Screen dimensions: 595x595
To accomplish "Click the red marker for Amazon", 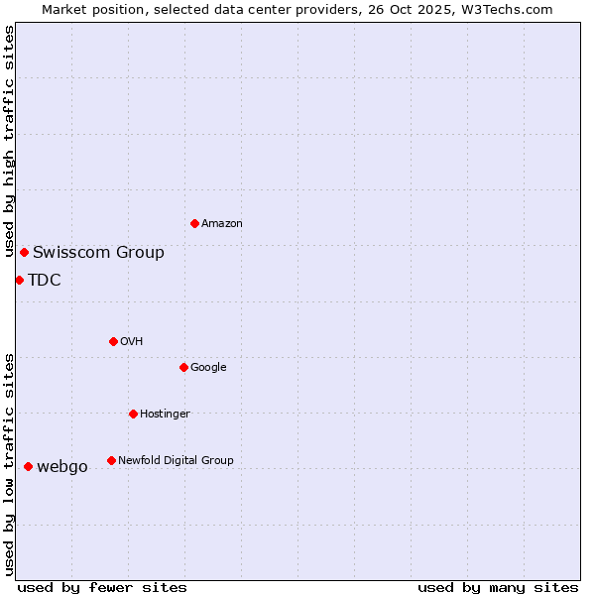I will click(194, 223).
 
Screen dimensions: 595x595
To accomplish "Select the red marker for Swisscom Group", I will click(24, 252).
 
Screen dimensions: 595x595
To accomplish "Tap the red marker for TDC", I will click(19, 280).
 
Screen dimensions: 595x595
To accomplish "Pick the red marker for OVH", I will click(113, 341).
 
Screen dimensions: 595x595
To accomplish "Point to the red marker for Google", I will click(183, 367).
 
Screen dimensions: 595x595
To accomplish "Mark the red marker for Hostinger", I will click(133, 414).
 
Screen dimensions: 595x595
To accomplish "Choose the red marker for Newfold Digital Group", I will click(111, 460).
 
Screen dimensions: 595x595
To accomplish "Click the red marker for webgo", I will click(28, 466).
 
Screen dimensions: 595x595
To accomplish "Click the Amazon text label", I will click(222, 223).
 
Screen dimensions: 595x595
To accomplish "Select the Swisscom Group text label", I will click(98, 252).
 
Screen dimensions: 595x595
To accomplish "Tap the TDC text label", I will click(45, 280).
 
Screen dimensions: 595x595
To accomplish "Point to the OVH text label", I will click(132, 341).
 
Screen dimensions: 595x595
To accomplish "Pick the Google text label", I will click(208, 367).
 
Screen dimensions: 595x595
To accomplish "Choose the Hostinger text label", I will click(165, 414).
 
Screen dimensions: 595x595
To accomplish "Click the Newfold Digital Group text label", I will click(176, 460).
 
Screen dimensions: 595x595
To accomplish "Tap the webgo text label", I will click(62, 467).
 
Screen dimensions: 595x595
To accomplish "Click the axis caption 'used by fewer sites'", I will click(102, 587).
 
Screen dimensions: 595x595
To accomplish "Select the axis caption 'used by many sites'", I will click(498, 587).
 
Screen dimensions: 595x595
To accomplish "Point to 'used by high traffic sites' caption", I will click(9, 141).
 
